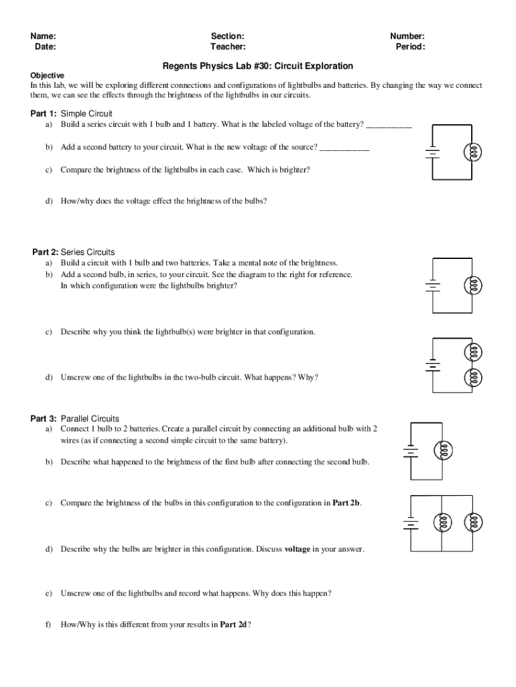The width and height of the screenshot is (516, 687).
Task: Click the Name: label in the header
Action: [42, 36]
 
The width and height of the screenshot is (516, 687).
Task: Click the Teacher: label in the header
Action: [228, 47]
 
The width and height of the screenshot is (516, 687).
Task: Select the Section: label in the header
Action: [228, 36]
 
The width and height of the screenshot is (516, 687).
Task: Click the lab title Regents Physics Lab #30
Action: [258, 66]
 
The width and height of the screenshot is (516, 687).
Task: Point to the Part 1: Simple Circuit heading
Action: [72, 113]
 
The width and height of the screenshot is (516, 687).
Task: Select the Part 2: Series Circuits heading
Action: [74, 252]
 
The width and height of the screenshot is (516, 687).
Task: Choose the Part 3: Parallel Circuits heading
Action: [75, 419]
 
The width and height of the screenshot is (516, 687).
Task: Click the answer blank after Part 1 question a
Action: [389, 125]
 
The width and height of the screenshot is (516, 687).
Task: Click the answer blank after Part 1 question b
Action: [344, 148]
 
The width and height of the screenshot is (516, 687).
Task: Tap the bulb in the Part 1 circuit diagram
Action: [474, 152]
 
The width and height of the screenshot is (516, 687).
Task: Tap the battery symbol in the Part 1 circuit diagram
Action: [433, 152]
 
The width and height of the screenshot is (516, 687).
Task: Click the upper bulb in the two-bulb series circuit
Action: [474, 351]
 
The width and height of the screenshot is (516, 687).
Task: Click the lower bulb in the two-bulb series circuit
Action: [474, 378]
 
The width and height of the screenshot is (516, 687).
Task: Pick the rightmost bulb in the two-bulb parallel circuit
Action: [473, 521]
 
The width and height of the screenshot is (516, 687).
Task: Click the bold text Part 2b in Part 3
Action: [346, 503]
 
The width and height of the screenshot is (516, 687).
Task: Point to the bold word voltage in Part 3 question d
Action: [298, 549]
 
